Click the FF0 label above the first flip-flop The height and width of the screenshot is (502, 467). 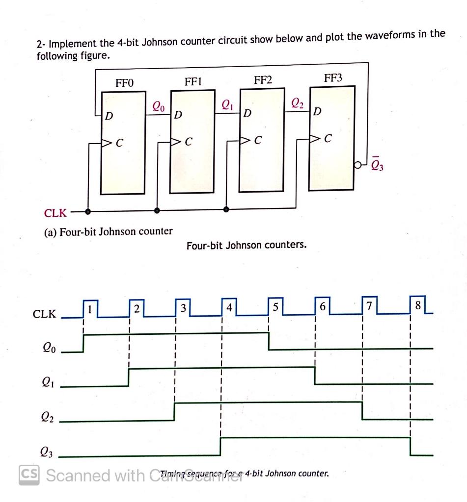[124, 83]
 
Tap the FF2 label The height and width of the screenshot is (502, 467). [262, 80]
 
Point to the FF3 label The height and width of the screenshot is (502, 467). [332, 78]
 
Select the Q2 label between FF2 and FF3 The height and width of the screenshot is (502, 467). [297, 102]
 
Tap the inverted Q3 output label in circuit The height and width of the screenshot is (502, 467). [379, 165]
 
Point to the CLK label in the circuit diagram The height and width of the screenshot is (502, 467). [55, 213]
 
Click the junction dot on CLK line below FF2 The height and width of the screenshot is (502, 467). [226, 209]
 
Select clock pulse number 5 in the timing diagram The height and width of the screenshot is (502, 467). [275, 307]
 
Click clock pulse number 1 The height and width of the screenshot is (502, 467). [90, 310]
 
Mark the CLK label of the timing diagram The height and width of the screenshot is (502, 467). [44, 314]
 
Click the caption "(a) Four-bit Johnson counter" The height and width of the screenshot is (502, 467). [109, 231]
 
